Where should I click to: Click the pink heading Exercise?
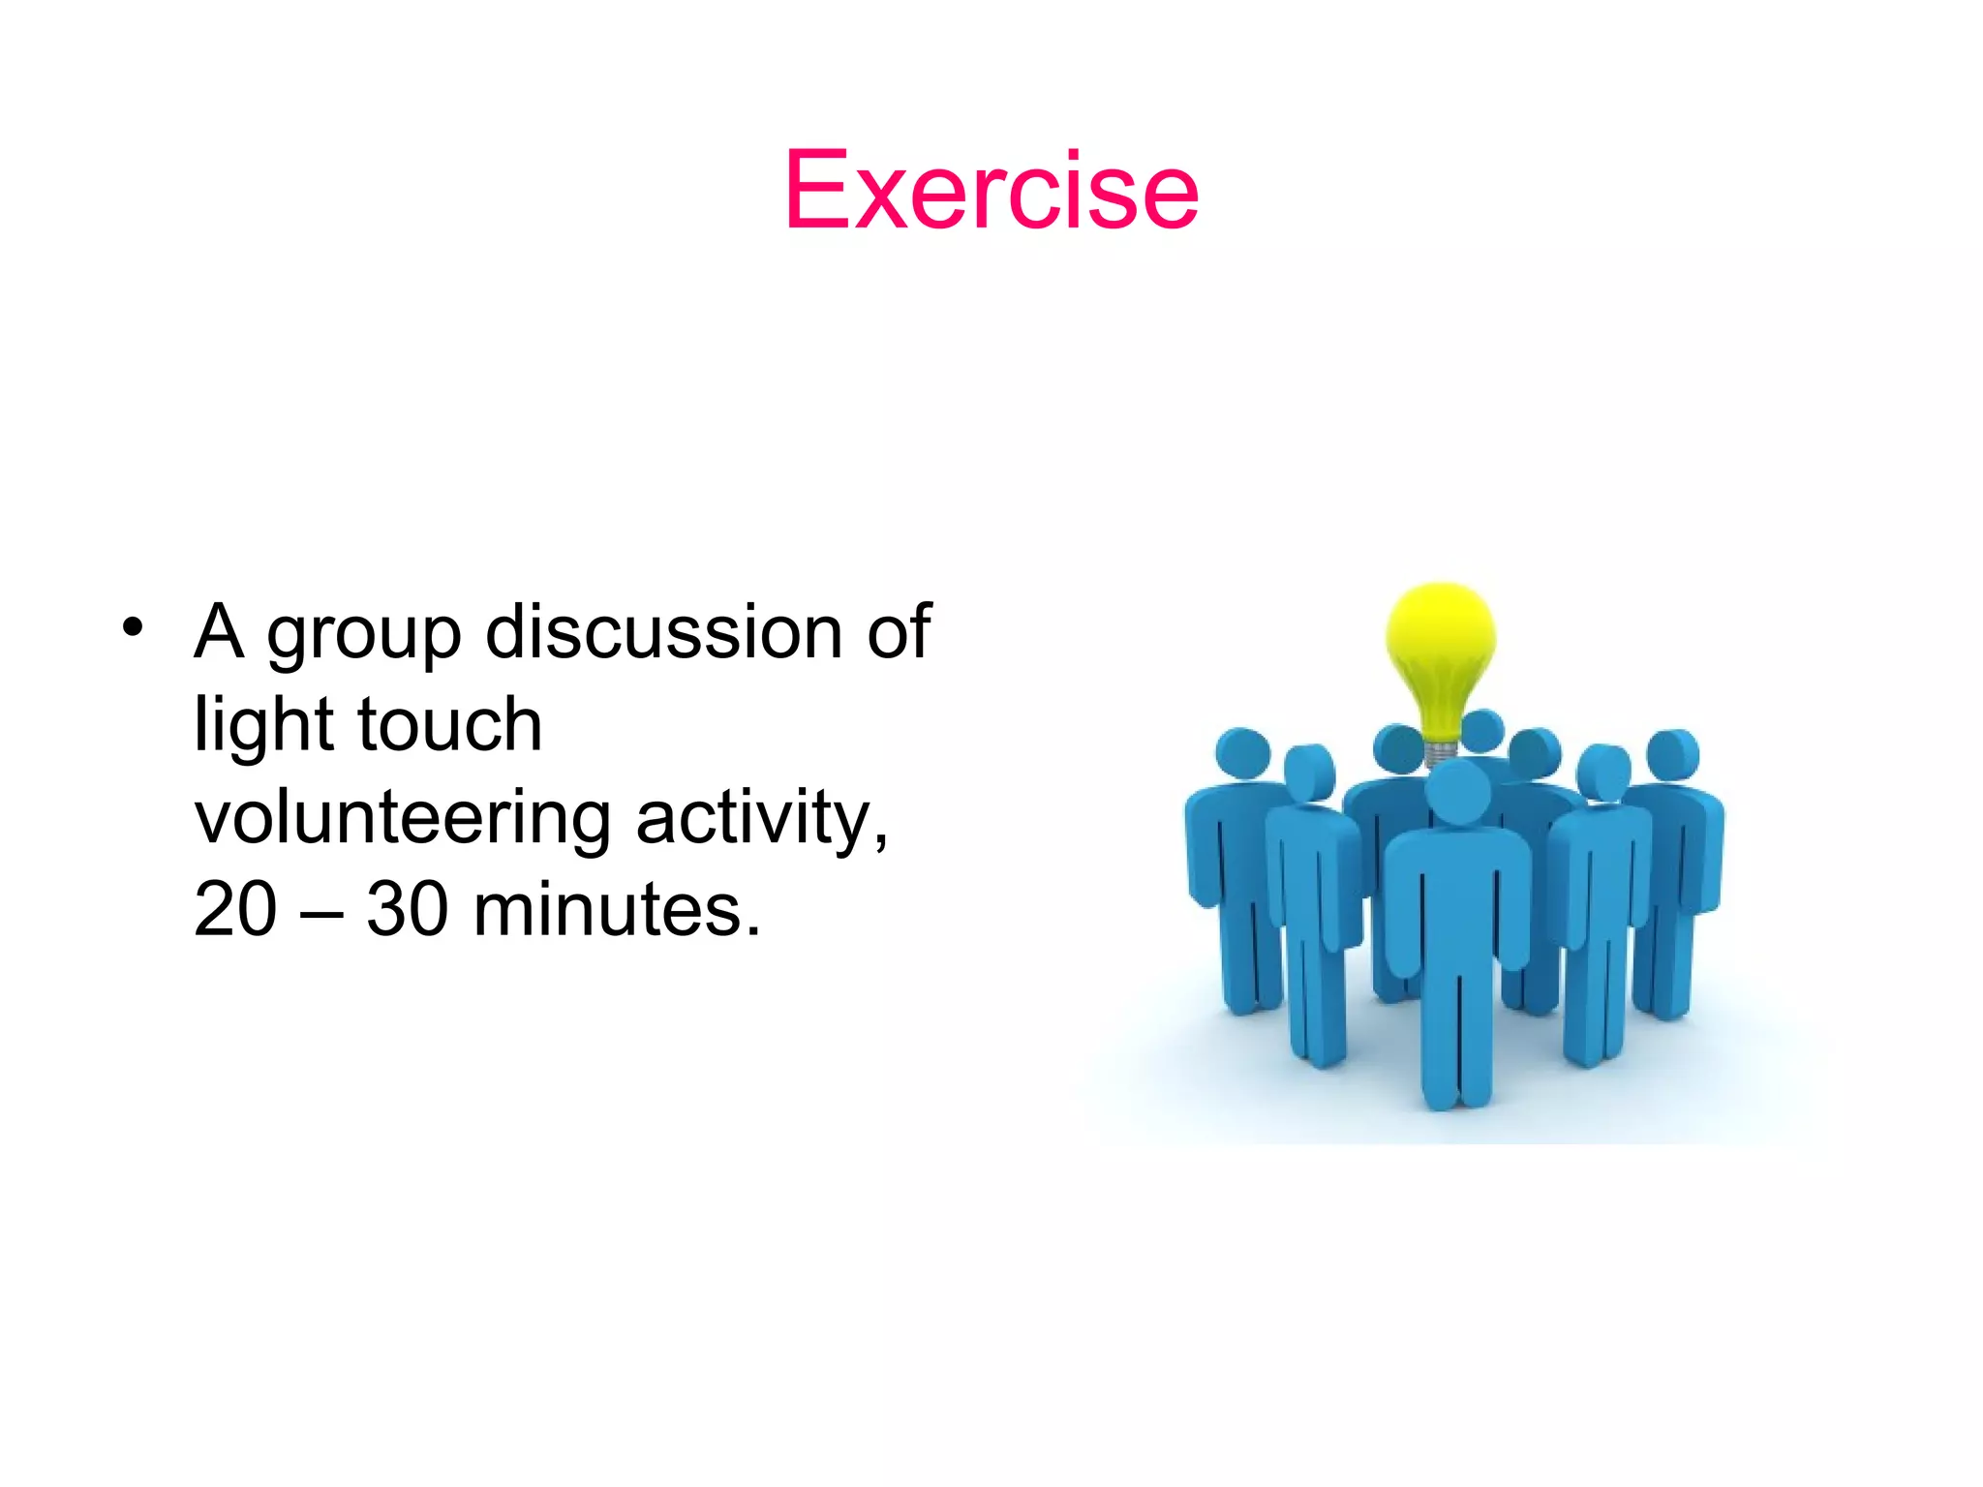[991, 191]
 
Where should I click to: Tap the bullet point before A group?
[133, 627]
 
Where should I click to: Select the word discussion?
[663, 631]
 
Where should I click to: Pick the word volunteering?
[402, 819]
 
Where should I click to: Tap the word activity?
[760, 819]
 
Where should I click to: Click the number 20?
[234, 909]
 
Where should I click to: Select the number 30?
[407, 909]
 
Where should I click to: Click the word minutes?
[616, 909]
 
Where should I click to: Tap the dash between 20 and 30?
[321, 913]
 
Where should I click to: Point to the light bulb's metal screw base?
[1440, 752]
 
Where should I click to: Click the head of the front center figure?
[1458, 792]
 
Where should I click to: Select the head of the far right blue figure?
[1673, 753]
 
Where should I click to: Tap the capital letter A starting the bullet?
[219, 631]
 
